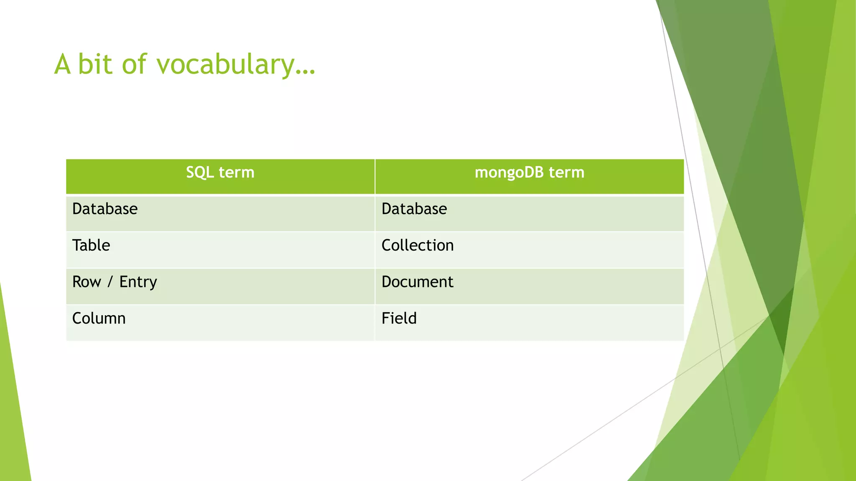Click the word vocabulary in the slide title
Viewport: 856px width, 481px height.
(226, 65)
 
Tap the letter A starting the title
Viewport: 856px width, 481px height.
(62, 65)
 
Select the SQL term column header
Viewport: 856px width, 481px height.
(220, 172)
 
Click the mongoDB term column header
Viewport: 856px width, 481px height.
(529, 172)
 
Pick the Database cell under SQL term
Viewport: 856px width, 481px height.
(105, 209)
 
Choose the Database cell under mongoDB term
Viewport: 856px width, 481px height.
(414, 209)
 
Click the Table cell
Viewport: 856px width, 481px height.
(91, 246)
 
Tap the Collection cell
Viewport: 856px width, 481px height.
(418, 246)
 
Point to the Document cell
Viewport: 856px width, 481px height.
(417, 282)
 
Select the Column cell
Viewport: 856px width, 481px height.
(99, 319)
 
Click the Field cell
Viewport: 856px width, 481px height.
(399, 319)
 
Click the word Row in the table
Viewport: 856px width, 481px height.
(87, 282)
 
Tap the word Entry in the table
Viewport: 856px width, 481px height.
(138, 282)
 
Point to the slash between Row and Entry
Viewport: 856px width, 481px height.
(110, 282)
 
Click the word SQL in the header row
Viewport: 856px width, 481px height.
(200, 173)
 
